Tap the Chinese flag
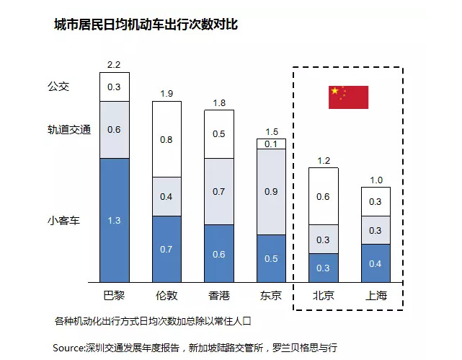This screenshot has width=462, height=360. [348, 97]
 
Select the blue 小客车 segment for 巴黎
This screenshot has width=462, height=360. [114, 220]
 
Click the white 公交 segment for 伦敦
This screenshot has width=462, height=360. [166, 139]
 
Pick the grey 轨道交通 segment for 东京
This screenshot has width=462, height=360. [271, 192]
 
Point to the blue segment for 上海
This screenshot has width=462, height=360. [375, 263]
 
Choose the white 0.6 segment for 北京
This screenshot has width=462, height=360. [323, 196]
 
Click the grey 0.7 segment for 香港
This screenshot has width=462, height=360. [219, 191]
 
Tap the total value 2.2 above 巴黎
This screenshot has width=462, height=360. [114, 65]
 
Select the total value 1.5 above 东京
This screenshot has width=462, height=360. [271, 131]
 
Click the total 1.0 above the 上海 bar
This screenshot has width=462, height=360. [375, 180]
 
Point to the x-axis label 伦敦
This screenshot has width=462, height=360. [166, 296]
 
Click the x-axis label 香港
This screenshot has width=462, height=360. [219, 296]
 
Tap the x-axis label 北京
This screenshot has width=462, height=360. [323, 296]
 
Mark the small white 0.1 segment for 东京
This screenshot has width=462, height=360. [271, 144]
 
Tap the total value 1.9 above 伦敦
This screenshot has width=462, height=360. [166, 94]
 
